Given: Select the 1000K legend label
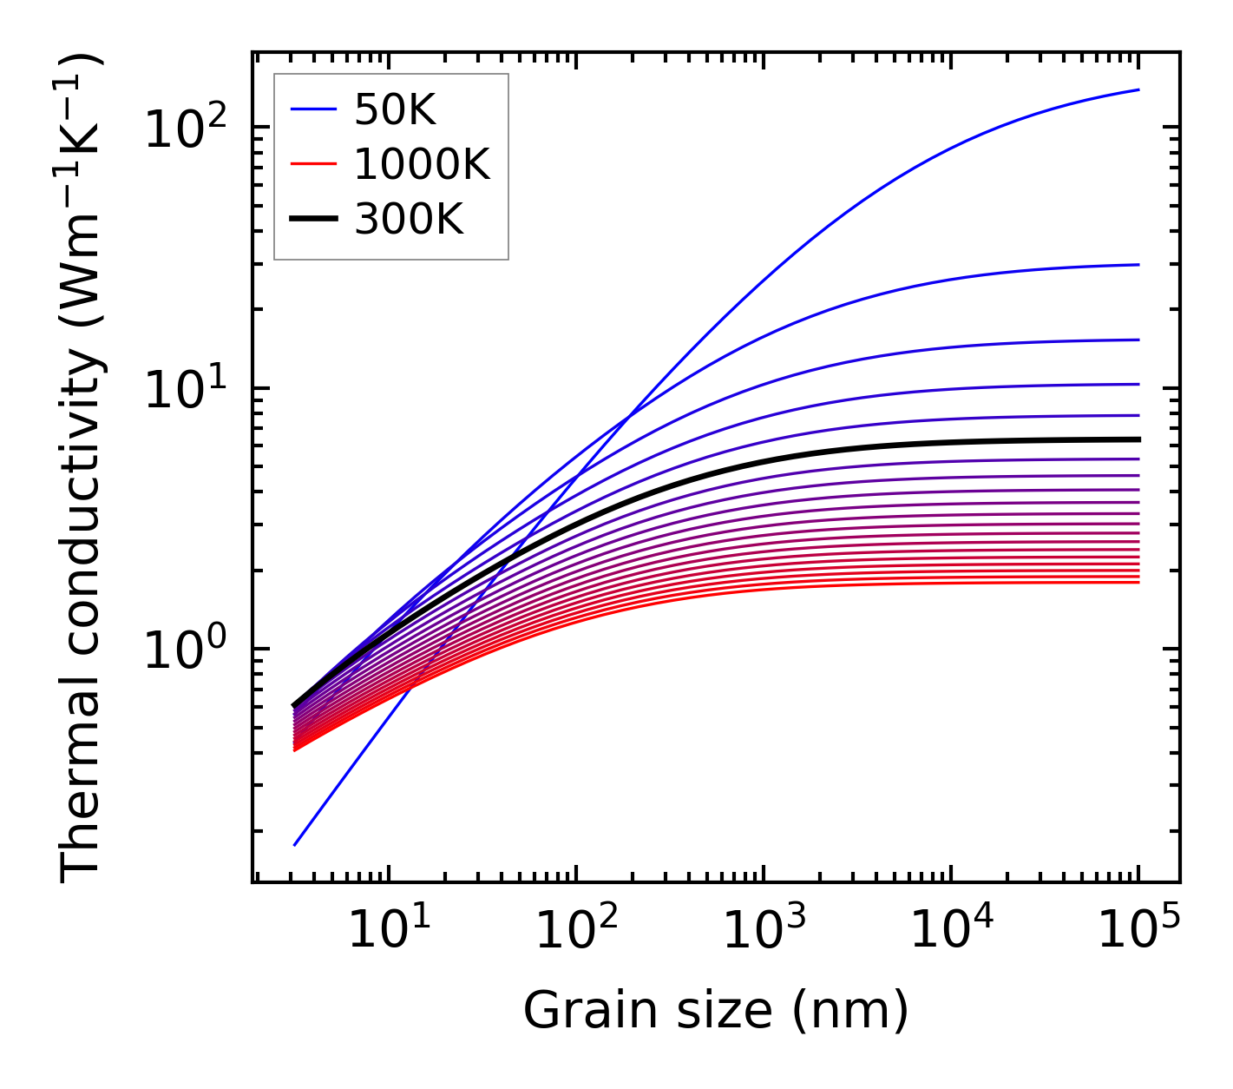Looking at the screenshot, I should click(422, 164).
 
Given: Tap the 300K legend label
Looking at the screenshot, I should click(409, 220).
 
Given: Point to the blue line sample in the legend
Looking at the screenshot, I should click(312, 109).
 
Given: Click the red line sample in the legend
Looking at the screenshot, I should click(312, 164).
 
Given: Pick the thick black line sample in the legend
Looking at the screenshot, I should click(312, 220).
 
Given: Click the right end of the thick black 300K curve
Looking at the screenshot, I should click(1138, 439).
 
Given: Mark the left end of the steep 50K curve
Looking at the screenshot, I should click(295, 844).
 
